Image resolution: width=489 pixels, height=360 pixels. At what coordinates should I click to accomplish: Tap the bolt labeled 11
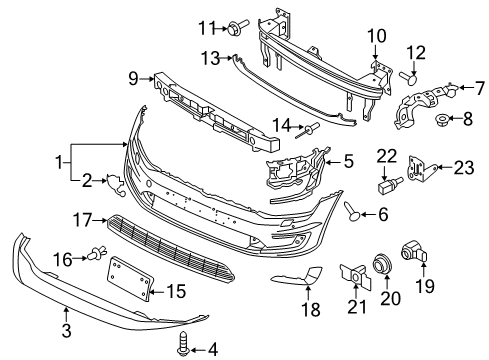click(x=238, y=27)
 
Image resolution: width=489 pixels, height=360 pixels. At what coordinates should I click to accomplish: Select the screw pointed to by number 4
click(x=183, y=343)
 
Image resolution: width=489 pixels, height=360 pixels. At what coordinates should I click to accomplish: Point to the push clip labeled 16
click(x=97, y=253)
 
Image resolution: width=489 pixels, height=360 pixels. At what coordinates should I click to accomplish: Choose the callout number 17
click(x=83, y=220)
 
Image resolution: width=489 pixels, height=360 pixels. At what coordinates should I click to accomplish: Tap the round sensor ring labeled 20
click(x=381, y=262)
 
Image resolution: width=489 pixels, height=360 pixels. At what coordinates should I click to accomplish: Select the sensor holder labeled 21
click(x=355, y=276)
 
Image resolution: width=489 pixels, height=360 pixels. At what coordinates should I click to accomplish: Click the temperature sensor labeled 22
click(x=390, y=185)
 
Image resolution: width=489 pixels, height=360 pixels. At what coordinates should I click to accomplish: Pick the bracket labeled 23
click(x=421, y=169)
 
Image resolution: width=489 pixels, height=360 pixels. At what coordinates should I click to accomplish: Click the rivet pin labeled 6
click(x=352, y=211)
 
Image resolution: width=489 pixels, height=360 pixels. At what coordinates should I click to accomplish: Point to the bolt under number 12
click(x=408, y=77)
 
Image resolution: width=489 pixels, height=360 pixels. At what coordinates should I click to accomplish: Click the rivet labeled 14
click(x=307, y=129)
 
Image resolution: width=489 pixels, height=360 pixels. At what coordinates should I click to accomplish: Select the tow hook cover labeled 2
click(x=115, y=184)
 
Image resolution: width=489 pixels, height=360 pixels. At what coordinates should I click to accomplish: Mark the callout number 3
click(x=67, y=330)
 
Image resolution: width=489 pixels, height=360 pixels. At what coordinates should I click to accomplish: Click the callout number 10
click(x=377, y=36)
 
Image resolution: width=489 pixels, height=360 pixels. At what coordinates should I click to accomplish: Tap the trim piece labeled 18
click(x=297, y=275)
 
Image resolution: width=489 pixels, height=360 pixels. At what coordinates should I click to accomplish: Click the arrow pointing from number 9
click(x=147, y=79)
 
